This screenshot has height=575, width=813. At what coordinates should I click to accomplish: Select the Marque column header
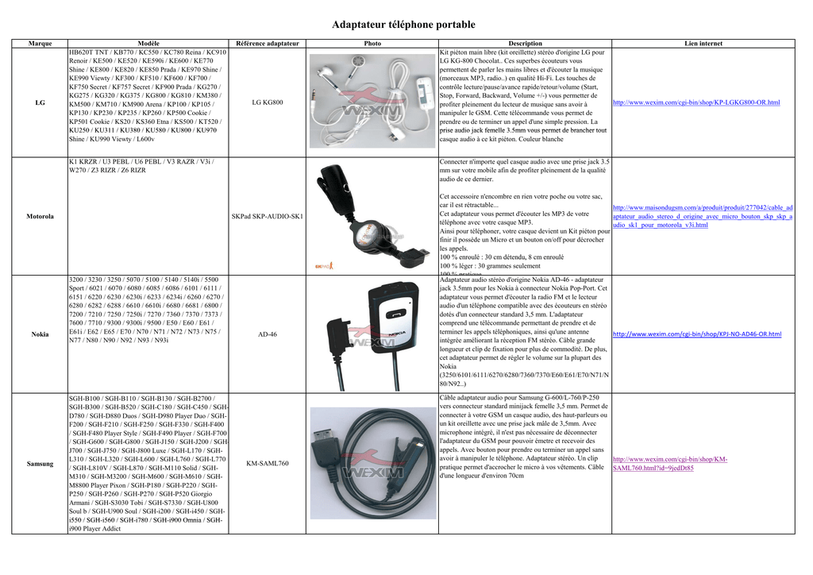point(40,43)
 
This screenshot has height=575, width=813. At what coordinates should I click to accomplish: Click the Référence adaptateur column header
point(268,43)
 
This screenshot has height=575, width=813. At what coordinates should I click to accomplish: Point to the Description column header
point(525,43)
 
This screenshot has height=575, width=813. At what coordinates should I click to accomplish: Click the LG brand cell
point(40,102)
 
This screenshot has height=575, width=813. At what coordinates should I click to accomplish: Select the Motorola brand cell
point(40,216)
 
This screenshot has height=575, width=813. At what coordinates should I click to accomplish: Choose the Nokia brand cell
point(40,334)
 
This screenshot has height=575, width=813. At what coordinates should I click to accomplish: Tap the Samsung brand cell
point(40,463)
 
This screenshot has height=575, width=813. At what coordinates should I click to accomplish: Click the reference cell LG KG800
point(268,102)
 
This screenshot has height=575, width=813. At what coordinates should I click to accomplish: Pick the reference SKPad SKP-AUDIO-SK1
point(268,216)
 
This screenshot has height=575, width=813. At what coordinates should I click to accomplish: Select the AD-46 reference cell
point(268,334)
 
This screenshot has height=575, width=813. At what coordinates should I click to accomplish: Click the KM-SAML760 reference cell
point(268,463)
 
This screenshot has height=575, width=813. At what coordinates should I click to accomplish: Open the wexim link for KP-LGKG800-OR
point(696,102)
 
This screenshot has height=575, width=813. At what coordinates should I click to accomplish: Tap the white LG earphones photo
point(372,99)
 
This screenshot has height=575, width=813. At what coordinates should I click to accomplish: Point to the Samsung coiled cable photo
point(372,463)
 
